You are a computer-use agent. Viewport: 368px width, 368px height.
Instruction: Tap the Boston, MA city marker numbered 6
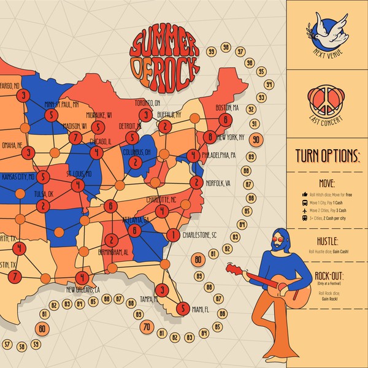pyautogui.click(x=226, y=120)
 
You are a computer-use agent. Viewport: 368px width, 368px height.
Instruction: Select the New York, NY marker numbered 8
pyautogui.click(x=210, y=137)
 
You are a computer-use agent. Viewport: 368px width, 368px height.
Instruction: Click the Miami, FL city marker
pyautogui.click(x=182, y=309)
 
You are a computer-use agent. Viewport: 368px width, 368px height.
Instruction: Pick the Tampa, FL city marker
pyautogui.click(x=161, y=289)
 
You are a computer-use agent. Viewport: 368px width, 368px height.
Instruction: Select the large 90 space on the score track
pyautogui.click(x=256, y=140)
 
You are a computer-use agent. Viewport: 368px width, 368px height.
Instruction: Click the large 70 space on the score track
pyautogui.click(x=147, y=327)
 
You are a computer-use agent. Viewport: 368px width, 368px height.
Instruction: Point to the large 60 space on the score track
pyautogui.click(x=42, y=329)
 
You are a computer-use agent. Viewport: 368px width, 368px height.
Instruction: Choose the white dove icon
pyautogui.click(x=326, y=29)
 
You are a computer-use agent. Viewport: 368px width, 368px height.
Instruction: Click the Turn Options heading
pyautogui.click(x=327, y=154)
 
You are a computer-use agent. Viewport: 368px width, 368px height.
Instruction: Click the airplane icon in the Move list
pyautogui.click(x=305, y=210)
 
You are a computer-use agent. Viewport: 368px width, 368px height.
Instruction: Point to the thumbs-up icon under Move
pyautogui.click(x=305, y=194)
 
